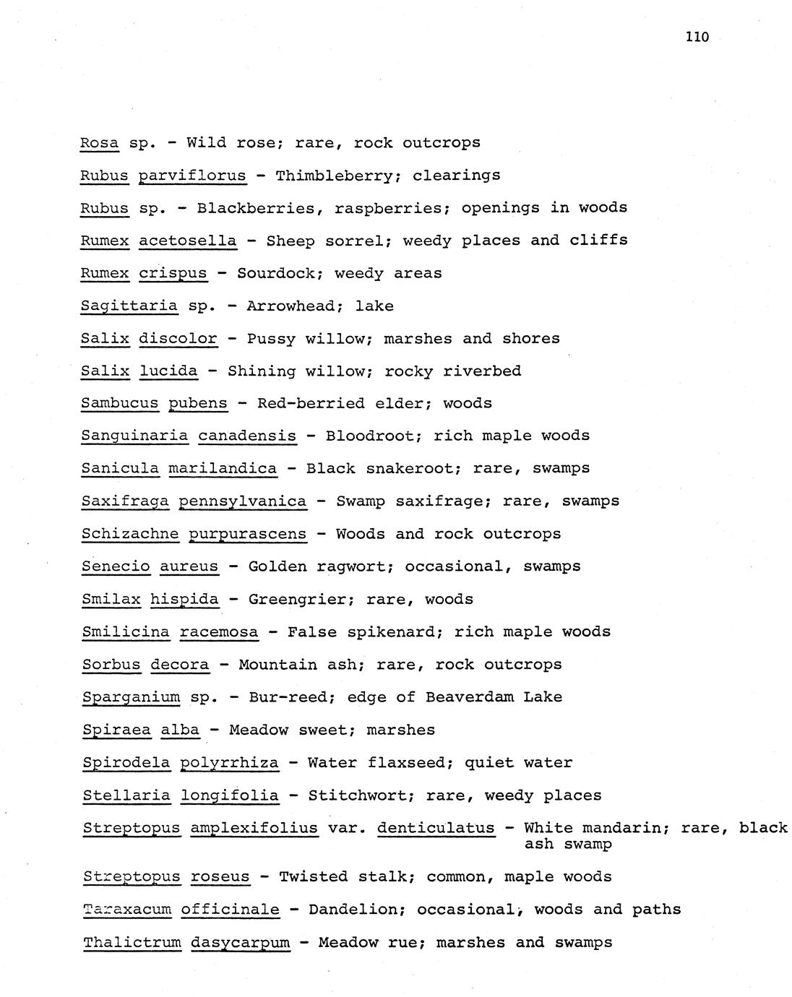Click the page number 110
click(x=697, y=37)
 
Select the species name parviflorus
click(x=192, y=176)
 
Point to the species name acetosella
click(x=187, y=241)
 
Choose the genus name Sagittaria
click(x=129, y=306)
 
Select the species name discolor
click(x=178, y=338)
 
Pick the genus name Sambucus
click(x=119, y=403)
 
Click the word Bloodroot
click(x=369, y=436)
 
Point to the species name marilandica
click(x=223, y=468)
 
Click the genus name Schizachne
click(x=129, y=534)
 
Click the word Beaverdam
click(x=470, y=697)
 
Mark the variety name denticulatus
click(x=436, y=828)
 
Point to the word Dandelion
click(x=353, y=910)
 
